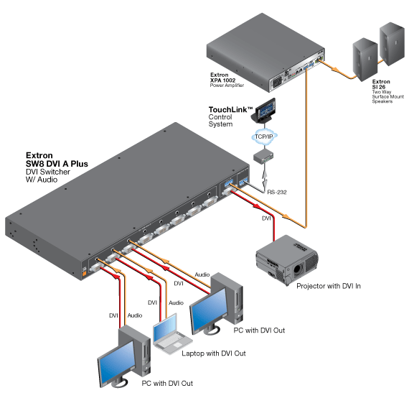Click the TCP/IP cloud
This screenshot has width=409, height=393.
(x=264, y=137)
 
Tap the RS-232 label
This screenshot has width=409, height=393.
(x=277, y=193)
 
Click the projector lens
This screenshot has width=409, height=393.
(x=297, y=269)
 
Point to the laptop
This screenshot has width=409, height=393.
(x=171, y=335)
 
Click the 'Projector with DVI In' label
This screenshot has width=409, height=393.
(x=329, y=286)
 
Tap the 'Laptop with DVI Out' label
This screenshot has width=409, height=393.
(x=214, y=353)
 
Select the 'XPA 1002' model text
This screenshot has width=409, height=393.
(x=222, y=80)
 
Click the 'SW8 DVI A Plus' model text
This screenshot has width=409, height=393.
(x=57, y=164)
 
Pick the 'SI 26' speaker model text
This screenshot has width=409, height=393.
(x=379, y=87)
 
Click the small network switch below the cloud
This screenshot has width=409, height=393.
(x=263, y=156)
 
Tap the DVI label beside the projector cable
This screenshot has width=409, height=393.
(x=266, y=218)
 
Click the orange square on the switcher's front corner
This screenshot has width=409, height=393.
(x=84, y=274)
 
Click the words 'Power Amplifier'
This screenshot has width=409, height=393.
(x=227, y=85)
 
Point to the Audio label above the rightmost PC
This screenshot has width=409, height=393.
(x=202, y=274)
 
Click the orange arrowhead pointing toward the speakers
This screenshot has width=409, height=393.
(x=335, y=70)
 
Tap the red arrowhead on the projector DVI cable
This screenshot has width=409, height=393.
(x=257, y=206)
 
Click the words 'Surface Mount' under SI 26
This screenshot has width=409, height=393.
(x=388, y=96)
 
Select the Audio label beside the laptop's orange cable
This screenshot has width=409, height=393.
(x=176, y=302)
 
